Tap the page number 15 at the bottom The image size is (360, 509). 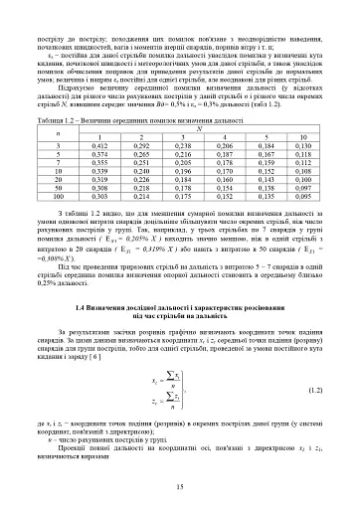point(180,485)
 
